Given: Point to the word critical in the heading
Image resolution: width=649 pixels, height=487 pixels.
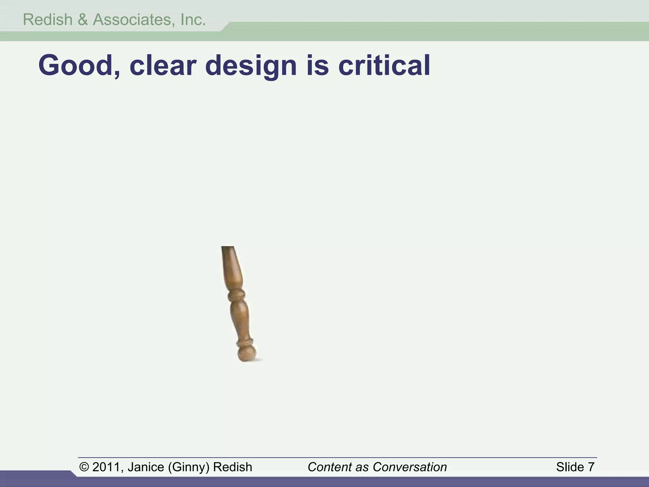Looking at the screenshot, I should pos(384,66).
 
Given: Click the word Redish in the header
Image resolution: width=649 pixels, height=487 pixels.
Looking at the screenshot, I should pos(48,20).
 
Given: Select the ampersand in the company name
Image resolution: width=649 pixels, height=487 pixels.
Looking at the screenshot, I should pos(82,20).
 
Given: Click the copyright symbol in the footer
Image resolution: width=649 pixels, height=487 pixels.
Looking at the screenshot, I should pos(84,467).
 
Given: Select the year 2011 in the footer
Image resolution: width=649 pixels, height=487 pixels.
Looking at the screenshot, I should pos(106,467).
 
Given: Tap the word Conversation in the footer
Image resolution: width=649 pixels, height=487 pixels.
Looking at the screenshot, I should pos(410,467).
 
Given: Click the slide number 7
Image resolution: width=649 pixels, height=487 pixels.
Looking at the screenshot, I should pos(591,467).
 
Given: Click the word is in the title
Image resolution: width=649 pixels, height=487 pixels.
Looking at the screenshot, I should pos(318,66).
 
